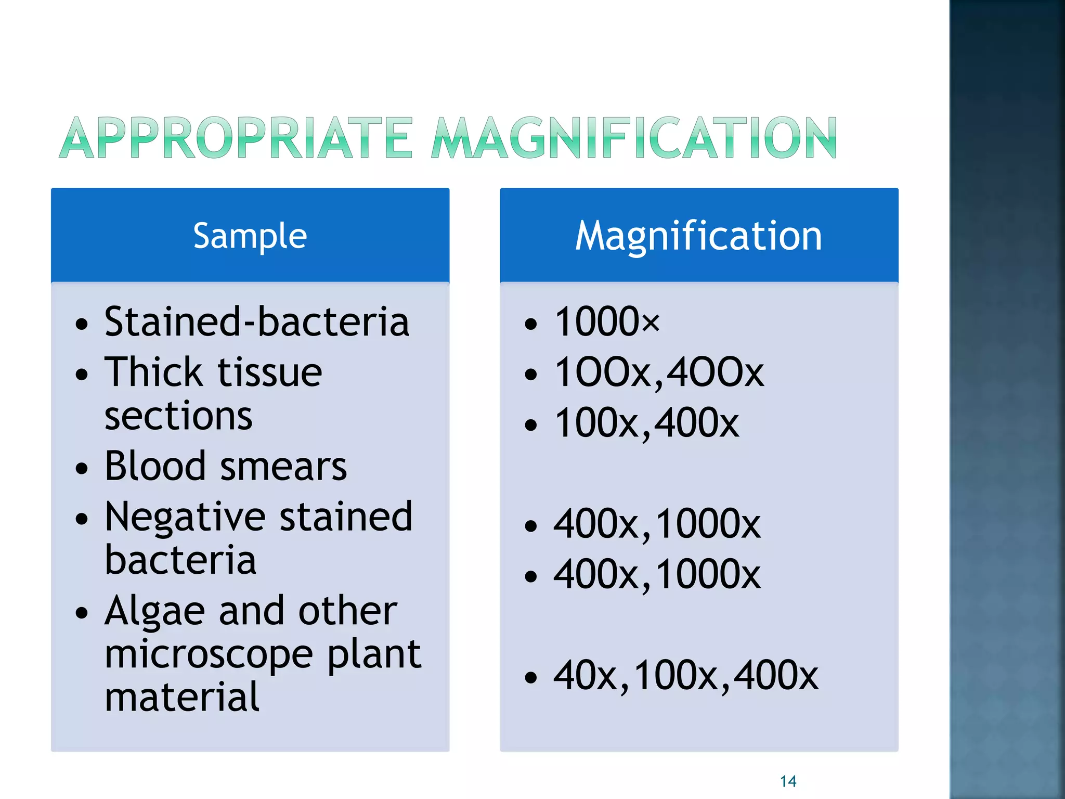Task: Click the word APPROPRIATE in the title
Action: click(237, 138)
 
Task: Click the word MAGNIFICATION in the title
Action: click(634, 138)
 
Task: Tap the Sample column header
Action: click(250, 236)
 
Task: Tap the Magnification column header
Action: click(698, 236)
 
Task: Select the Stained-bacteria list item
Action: click(257, 321)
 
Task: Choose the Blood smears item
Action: click(225, 466)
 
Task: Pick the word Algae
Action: click(155, 611)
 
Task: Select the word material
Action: click(181, 697)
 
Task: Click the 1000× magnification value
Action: click(607, 321)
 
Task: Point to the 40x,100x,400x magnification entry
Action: click(686, 676)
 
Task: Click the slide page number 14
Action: click(788, 781)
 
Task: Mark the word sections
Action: click(178, 416)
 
